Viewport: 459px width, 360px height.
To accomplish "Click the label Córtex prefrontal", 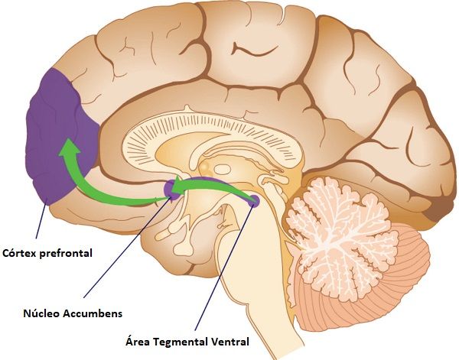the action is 47,253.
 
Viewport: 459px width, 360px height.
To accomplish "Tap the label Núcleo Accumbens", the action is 73,313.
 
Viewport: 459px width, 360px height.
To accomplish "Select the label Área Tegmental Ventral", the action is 187,342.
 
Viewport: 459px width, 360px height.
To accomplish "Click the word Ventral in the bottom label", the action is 231,342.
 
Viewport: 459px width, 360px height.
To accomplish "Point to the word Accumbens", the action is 93,313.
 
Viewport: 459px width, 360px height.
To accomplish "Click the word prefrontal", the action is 66,253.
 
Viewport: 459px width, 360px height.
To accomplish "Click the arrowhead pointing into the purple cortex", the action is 69,147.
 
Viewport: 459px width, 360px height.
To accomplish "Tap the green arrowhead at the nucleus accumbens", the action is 177,186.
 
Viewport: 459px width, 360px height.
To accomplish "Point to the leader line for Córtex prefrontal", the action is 41,222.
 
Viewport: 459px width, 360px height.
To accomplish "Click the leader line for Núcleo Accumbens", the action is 127,248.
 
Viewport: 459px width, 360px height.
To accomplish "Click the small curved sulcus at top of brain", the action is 254,50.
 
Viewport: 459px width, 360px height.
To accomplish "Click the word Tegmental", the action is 181,342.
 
